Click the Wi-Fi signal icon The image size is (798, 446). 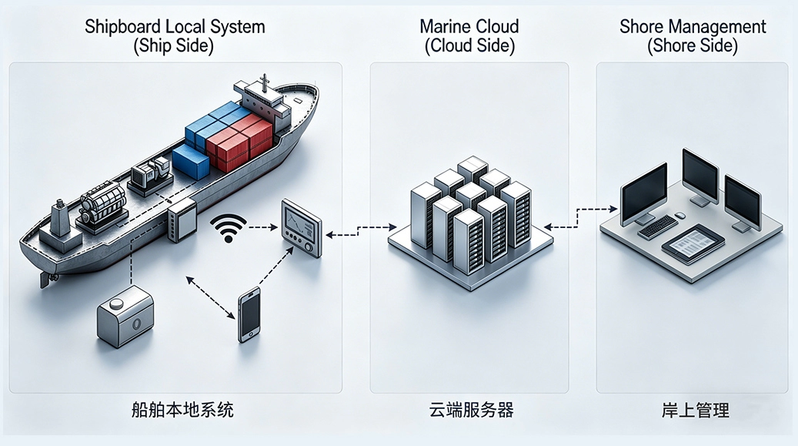[x=228, y=228]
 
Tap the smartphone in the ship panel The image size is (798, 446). [x=249, y=314]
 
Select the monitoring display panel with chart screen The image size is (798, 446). [x=301, y=227]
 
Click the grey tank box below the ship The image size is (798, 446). [x=125, y=320]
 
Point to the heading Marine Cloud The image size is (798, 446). [x=469, y=27]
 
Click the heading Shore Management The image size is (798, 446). [x=693, y=27]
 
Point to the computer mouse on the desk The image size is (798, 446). [x=680, y=216]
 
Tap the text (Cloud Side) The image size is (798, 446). [x=469, y=46]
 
